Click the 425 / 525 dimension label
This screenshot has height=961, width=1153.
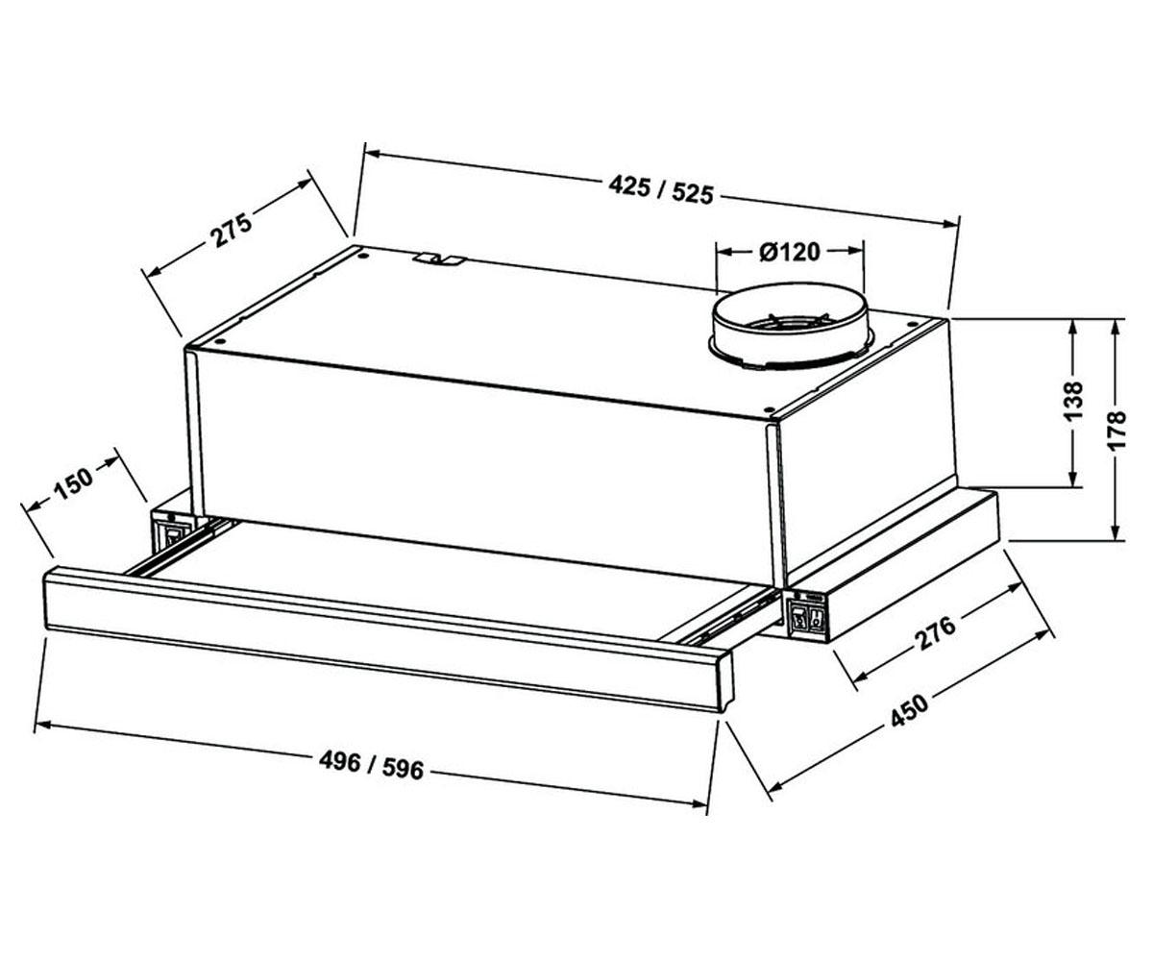[661, 189]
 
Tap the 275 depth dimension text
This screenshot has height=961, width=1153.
[231, 228]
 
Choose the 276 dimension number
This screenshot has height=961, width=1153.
[934, 632]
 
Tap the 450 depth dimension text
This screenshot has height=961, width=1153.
[910, 712]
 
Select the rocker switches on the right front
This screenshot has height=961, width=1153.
[807, 618]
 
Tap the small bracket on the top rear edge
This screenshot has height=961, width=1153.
[441, 259]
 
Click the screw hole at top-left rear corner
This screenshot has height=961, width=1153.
[363, 257]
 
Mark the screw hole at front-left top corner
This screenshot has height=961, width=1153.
[220, 341]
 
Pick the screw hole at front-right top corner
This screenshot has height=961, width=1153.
[768, 409]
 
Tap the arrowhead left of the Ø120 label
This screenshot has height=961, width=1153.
[724, 251]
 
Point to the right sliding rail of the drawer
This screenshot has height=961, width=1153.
[729, 620]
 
